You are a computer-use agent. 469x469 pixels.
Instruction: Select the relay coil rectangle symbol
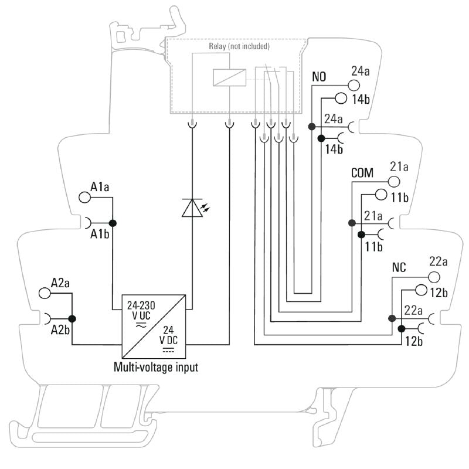pyautogui.click(x=229, y=77)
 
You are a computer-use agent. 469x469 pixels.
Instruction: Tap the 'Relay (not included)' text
pyautogui.click(x=239, y=46)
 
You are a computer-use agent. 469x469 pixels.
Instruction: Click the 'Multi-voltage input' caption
pyautogui.click(x=156, y=367)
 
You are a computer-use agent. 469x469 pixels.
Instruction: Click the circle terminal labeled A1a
pyautogui.click(x=84, y=198)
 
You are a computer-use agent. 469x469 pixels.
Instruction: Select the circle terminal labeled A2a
pyautogui.click(x=45, y=293)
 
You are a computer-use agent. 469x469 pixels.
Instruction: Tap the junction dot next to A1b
pyautogui.click(x=113, y=223)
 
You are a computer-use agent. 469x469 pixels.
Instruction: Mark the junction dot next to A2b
pyautogui.click(x=72, y=319)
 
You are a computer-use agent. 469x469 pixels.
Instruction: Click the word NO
pyautogui.click(x=319, y=77)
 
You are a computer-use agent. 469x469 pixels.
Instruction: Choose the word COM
pyautogui.click(x=362, y=173)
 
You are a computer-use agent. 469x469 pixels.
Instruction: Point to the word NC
pyautogui.click(x=399, y=267)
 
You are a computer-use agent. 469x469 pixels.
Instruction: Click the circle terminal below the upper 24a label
pyautogui.click(x=354, y=86)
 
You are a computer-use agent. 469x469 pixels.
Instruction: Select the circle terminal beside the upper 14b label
pyautogui.click(x=341, y=98)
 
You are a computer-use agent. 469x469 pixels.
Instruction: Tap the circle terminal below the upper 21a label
pyautogui.click(x=394, y=182)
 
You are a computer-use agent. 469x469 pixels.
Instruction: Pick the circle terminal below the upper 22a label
pyautogui.click(x=434, y=277)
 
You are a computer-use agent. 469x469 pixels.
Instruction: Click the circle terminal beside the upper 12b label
pyautogui.click(x=421, y=290)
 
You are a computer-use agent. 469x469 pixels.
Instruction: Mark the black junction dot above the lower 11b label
pyautogui.click(x=361, y=235)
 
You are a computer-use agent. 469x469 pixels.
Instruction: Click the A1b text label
pyautogui.click(x=100, y=235)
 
